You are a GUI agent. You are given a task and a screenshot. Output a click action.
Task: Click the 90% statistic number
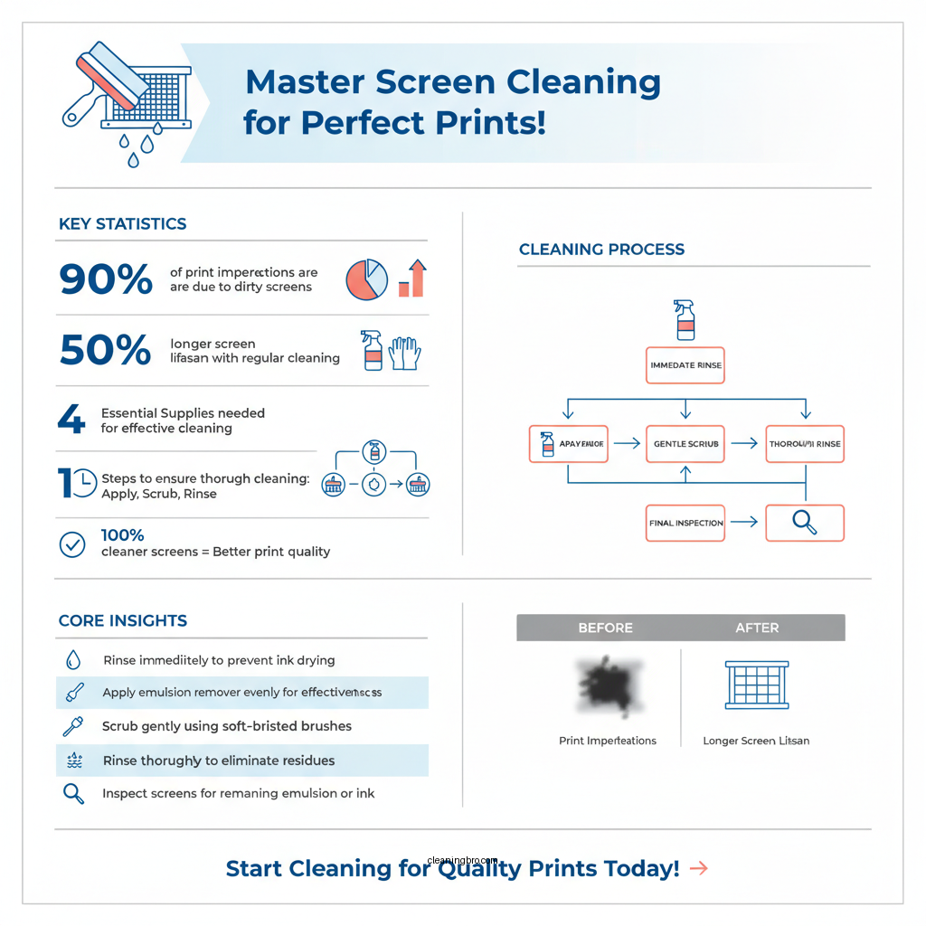click(x=106, y=279)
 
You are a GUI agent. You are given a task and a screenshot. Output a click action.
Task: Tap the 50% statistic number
click(x=105, y=350)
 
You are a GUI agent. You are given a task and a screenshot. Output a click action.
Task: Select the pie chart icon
click(x=366, y=279)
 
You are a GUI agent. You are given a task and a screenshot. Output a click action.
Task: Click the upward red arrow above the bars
click(x=418, y=267)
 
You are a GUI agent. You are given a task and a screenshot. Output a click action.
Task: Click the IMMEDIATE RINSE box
click(x=685, y=365)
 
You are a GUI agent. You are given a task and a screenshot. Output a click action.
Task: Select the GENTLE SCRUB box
click(x=685, y=444)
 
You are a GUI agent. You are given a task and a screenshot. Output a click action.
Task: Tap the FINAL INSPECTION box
click(x=685, y=523)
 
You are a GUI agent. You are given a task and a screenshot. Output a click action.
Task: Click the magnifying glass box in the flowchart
click(x=804, y=523)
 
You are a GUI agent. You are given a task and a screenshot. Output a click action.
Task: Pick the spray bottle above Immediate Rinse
click(x=685, y=320)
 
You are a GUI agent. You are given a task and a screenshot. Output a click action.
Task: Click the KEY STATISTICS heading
click(x=122, y=224)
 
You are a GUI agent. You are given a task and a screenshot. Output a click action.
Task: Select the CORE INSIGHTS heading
click(x=122, y=621)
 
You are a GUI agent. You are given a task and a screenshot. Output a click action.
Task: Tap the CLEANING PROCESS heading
click(x=601, y=250)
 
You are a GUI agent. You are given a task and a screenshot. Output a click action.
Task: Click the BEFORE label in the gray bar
click(x=605, y=628)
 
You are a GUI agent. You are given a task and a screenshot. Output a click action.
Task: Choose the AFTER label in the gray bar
click(x=757, y=628)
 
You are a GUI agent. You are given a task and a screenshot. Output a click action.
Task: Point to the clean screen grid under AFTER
click(x=756, y=685)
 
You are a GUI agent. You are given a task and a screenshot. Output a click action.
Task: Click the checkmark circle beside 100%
click(x=71, y=543)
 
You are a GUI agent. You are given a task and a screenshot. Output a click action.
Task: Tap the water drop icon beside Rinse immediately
click(x=73, y=659)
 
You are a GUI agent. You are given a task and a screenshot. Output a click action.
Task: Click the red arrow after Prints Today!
click(x=698, y=869)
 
